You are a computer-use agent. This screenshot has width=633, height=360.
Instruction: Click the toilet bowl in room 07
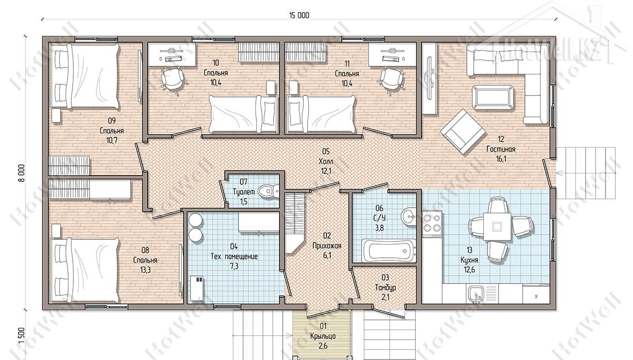coord(269,191)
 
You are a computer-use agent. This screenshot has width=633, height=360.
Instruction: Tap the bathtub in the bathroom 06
coord(389,250)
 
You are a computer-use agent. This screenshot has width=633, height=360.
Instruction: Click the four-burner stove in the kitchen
coord(432,223)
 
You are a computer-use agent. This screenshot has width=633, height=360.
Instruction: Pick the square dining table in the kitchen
coord(496,227)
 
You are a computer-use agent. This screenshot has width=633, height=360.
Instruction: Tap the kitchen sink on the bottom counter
coord(477,294)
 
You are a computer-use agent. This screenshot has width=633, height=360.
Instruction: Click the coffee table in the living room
coord(493,98)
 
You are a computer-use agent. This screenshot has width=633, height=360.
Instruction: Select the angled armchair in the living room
coord(463,132)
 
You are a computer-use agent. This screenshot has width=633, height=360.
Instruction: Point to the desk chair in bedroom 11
coord(391,80)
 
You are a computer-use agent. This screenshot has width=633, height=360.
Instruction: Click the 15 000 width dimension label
coord(299,15)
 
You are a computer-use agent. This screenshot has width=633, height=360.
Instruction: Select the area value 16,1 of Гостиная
coord(501,159)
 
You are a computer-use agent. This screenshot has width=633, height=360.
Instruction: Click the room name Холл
coord(326,161)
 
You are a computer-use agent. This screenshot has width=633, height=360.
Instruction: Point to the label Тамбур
coord(385,287)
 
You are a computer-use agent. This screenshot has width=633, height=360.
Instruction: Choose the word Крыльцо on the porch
coord(323,336)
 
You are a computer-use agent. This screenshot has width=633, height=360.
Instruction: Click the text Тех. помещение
coord(234,256)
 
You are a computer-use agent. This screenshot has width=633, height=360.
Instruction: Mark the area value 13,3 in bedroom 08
coord(145,270)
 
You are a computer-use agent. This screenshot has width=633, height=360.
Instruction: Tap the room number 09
coord(112,121)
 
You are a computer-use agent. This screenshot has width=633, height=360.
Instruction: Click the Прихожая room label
coord(327,246)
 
